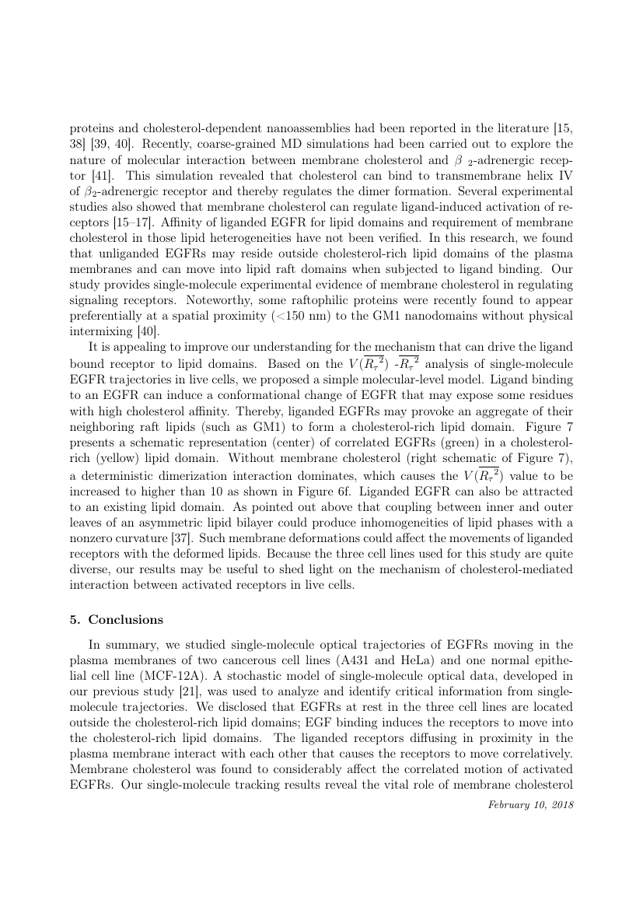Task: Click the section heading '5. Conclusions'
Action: tap(125, 620)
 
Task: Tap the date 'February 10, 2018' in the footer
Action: tap(530, 804)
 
